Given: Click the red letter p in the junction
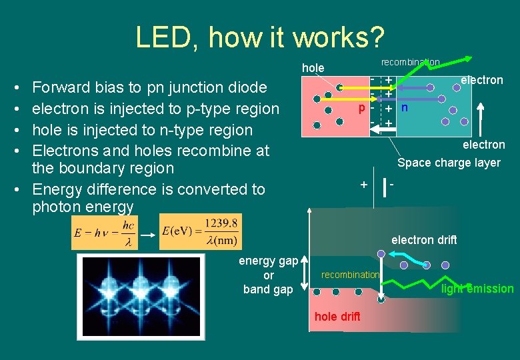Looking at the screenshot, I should [361, 108].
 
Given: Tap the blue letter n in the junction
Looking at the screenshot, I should [405, 107].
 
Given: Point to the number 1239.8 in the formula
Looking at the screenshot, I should [222, 223].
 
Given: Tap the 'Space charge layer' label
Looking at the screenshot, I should [448, 163].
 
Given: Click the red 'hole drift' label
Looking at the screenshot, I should [337, 317].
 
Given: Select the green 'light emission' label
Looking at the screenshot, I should [477, 289].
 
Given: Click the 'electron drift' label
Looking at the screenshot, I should [424, 240].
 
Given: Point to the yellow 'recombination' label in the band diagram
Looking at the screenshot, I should [350, 275].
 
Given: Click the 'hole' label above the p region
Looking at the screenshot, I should [313, 67].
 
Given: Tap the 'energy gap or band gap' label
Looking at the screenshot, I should [268, 275].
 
